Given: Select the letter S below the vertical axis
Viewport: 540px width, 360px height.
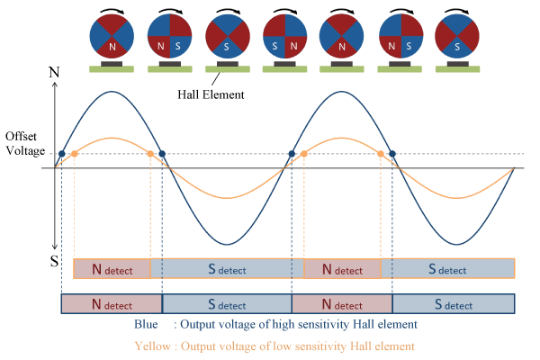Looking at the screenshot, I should pyautogui.click(x=54, y=260).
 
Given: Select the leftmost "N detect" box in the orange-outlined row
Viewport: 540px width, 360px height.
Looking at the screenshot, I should pyautogui.click(x=112, y=268).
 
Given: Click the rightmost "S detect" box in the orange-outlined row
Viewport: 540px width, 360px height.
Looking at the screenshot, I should pyautogui.click(x=447, y=268).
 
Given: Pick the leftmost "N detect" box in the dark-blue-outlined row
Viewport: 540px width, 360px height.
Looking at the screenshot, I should pyautogui.click(x=111, y=303).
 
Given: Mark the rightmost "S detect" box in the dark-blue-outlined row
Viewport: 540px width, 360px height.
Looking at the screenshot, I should pyautogui.click(x=453, y=303).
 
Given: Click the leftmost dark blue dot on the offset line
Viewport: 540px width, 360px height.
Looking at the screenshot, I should pyautogui.click(x=60, y=154).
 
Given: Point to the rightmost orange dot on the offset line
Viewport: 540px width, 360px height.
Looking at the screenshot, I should pyautogui.click(x=381, y=154).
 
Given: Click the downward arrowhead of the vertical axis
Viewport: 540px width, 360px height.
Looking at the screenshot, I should pyautogui.click(x=55, y=248).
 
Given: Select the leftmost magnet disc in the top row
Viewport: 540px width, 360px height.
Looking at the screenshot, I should pyautogui.click(x=112, y=38).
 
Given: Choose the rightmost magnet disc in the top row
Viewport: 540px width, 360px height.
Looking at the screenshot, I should pyautogui.click(x=456, y=38).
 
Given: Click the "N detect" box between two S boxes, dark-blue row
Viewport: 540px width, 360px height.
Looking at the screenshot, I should pyautogui.click(x=342, y=303).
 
